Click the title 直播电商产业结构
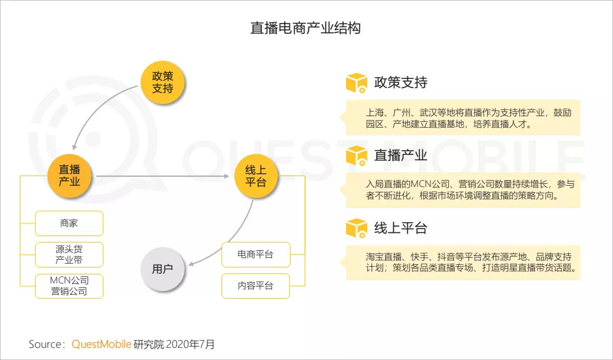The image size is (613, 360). point(306,29)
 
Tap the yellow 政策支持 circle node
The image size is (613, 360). point(163,82)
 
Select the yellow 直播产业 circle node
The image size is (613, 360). point(70,176)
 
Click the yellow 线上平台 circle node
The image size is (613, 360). point(255,176)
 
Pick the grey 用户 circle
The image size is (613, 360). point(162,269)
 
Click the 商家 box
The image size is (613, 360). point(69,223)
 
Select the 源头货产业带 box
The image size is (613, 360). point(69,255)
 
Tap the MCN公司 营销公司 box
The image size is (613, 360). point(69,286)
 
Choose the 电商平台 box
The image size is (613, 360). point(255,255)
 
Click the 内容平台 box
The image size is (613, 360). point(255,286)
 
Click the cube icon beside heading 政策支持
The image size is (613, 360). point(356,83)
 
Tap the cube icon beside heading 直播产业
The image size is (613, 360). point(356,156)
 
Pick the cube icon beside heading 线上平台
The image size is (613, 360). point(356,228)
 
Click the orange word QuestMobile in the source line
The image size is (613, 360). point(101,345)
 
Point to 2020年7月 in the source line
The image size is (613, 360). point(190,345)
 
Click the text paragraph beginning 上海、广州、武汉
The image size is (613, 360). point(463,118)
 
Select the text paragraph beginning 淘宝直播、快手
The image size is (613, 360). point(463,262)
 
